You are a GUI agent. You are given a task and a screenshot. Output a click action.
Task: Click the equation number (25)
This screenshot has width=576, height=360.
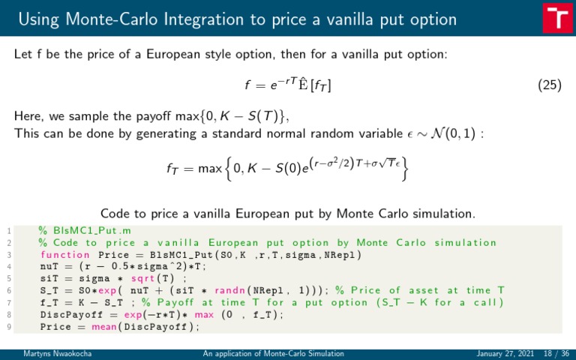[550, 85]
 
